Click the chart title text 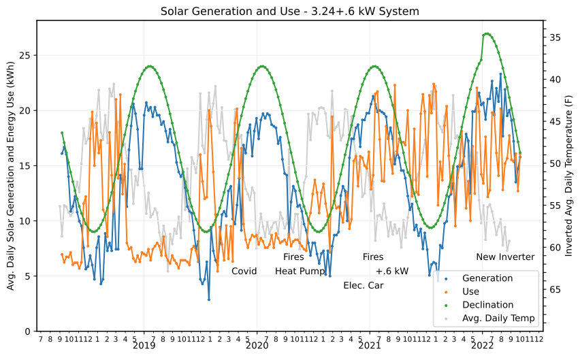click(x=290, y=11)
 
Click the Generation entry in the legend click(x=487, y=278)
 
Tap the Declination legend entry click(x=487, y=305)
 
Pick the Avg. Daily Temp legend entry click(x=498, y=318)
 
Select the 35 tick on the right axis click(x=553, y=37)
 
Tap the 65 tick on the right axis click(x=553, y=290)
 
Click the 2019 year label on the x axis click(x=144, y=346)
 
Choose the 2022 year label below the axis click(x=483, y=346)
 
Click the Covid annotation click(x=244, y=271)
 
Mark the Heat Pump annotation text click(x=300, y=271)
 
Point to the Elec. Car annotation click(x=364, y=285)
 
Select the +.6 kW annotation click(x=392, y=271)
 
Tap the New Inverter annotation click(x=505, y=257)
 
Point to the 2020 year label click(x=257, y=346)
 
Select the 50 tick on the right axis click(x=553, y=164)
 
